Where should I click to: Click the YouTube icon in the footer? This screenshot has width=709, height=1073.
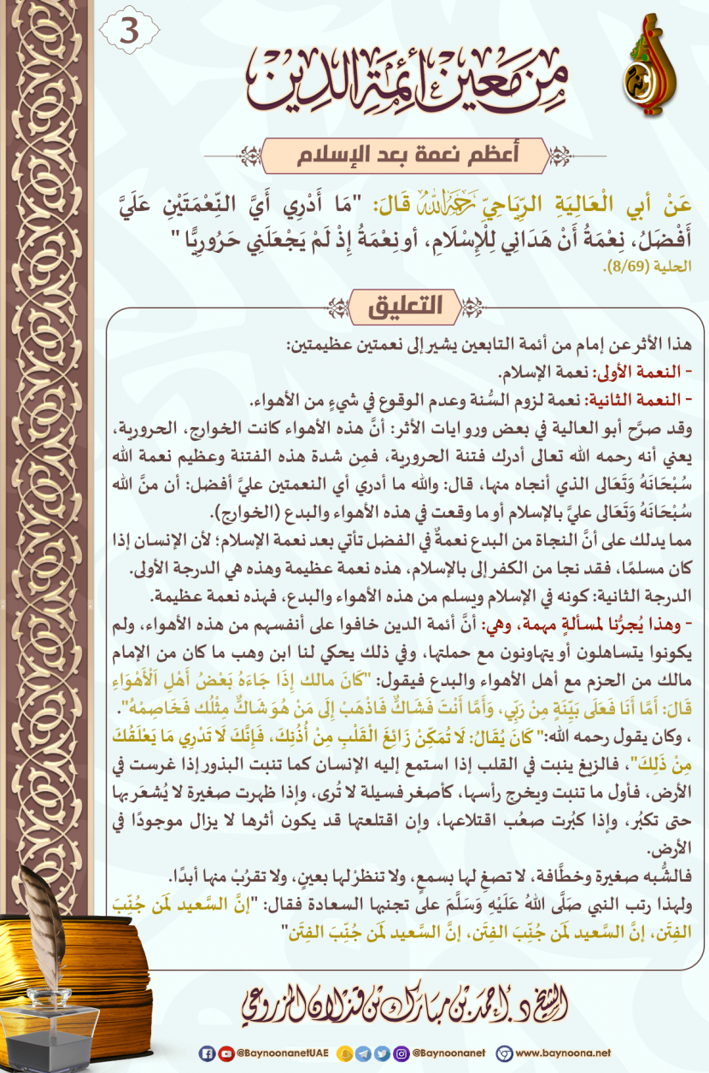[225, 1052]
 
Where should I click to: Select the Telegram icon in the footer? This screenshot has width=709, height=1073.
[363, 1052]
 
